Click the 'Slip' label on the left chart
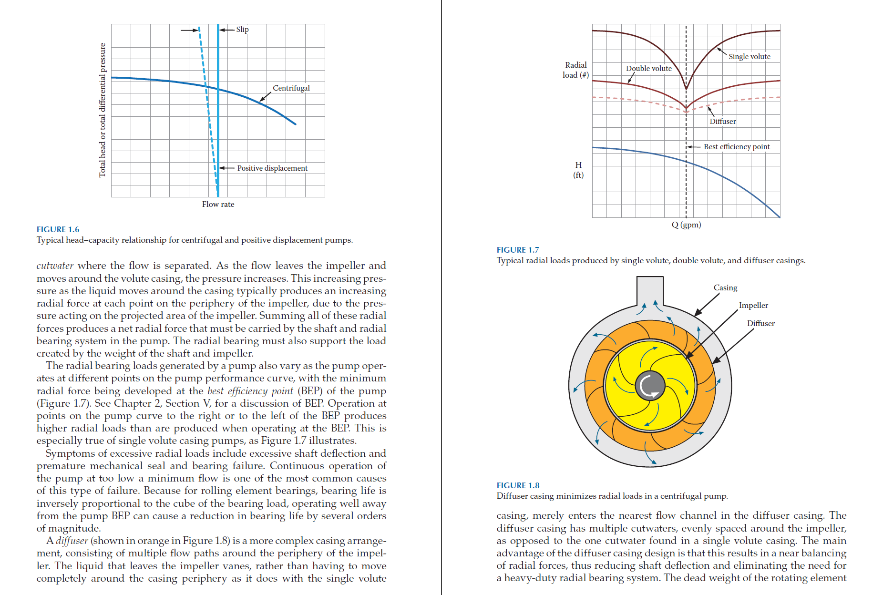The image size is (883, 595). coord(242,30)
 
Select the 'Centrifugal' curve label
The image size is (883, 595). coord(291,88)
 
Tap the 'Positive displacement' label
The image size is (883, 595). coord(272,168)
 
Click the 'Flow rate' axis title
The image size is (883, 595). coord(218,204)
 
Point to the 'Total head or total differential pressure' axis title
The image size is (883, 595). coord(102,110)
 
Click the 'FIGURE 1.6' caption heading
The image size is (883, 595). coord(58,229)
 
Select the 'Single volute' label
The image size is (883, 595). coord(750,57)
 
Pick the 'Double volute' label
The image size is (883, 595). coord(649,69)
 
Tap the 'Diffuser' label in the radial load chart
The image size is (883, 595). coord(723,122)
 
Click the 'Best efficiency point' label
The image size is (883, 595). coord(737,147)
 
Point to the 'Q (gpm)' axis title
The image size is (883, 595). coord(686,225)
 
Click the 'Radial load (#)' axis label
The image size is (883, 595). coord(575,70)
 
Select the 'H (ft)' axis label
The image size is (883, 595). coord(578,170)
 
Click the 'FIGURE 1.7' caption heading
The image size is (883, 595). coord(518,250)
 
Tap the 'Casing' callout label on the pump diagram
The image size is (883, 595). coord(725,287)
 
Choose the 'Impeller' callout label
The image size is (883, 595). coord(753,305)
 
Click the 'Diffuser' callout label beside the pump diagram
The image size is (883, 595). coord(761,323)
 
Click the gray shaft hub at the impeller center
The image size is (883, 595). coord(650,385)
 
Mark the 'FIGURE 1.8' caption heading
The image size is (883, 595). coord(518,485)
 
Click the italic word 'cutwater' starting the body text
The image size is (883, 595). coord(55,266)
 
